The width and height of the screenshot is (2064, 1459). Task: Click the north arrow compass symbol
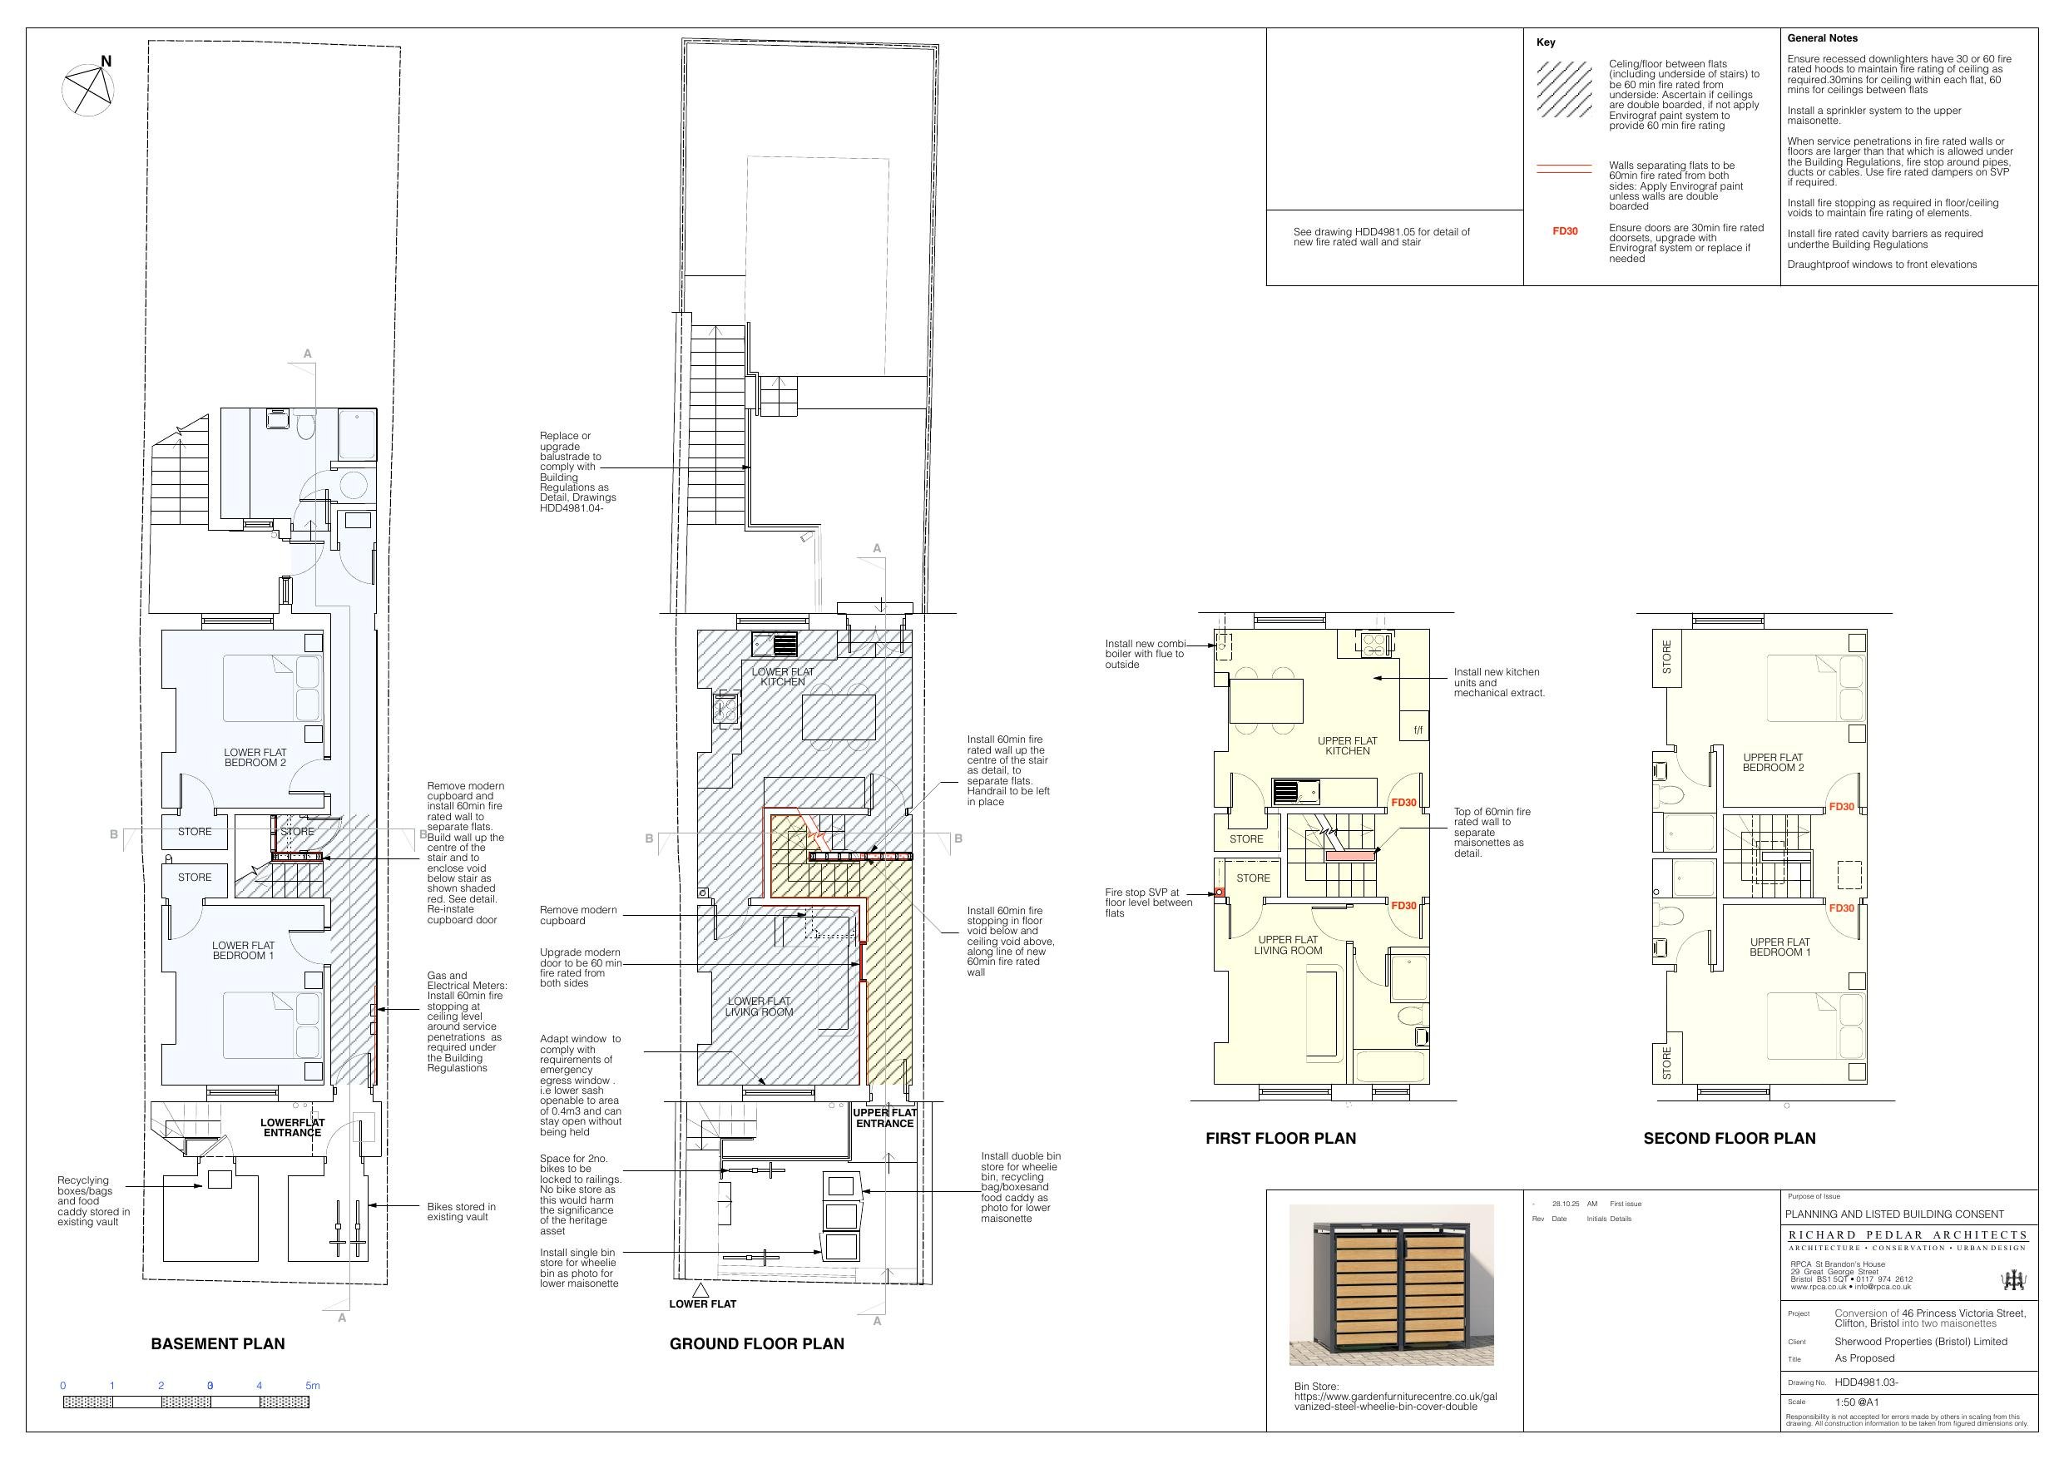88,90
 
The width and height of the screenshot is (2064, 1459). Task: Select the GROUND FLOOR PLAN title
756,1343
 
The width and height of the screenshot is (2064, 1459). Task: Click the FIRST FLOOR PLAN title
1280,1138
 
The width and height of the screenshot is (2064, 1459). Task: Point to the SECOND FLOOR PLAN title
1729,1138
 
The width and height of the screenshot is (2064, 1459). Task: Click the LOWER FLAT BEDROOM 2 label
255,758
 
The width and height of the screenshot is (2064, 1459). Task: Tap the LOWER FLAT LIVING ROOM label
759,1006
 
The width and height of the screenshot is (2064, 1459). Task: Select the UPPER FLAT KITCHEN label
1347,745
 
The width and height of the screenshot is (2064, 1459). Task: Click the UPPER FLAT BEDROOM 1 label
1779,947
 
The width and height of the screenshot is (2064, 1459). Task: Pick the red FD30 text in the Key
1564,231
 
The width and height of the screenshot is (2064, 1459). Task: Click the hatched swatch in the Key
1564,90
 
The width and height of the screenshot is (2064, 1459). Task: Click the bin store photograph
1391,1284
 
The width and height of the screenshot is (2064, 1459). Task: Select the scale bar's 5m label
312,1385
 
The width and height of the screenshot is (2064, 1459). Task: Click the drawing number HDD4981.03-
1866,1382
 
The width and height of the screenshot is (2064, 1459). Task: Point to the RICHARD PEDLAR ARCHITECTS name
1907,1234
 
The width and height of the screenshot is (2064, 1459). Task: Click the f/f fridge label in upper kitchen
1418,730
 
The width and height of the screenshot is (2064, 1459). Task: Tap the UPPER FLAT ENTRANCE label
884,1118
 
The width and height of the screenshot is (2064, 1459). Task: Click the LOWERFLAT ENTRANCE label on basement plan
292,1127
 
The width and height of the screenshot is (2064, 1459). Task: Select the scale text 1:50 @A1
1856,1402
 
